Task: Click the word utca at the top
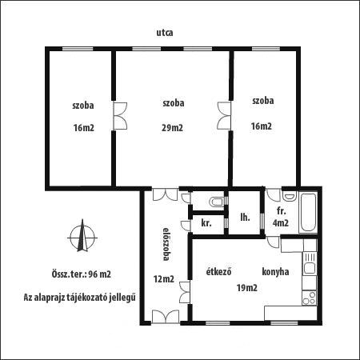(x=165, y=33)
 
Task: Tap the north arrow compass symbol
(x=82, y=236)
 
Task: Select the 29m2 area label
(x=172, y=128)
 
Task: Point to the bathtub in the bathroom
(x=308, y=213)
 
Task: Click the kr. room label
(x=206, y=222)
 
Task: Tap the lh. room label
(x=245, y=218)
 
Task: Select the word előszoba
(x=166, y=244)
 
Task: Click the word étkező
(x=218, y=271)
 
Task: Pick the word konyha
(x=275, y=271)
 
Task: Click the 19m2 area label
(x=247, y=288)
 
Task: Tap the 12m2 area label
(x=164, y=279)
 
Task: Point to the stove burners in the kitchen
(x=310, y=298)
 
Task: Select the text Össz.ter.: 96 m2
(x=81, y=274)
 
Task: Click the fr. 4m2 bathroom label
(x=281, y=217)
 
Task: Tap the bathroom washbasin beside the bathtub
(x=290, y=196)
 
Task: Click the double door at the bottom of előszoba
(x=166, y=317)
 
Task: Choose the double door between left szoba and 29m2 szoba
(x=120, y=116)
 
